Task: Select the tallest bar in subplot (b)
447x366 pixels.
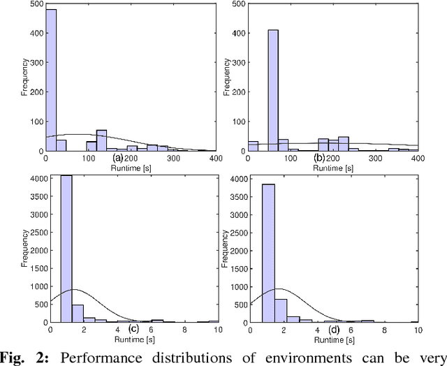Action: click(x=272, y=91)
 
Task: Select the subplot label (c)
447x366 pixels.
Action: click(x=134, y=329)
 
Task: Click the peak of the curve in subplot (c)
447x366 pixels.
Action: click(x=73, y=289)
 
